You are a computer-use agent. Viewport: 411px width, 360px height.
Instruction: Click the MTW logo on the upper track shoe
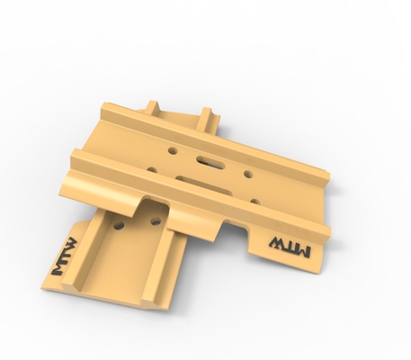[290, 247]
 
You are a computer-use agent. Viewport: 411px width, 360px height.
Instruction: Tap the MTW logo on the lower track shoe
[63, 256]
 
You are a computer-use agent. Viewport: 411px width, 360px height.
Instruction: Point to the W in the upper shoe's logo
[278, 243]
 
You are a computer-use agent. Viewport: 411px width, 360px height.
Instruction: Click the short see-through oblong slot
[210, 161]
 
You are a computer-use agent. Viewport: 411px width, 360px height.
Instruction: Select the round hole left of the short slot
[173, 150]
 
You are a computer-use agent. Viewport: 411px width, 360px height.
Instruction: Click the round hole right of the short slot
[248, 174]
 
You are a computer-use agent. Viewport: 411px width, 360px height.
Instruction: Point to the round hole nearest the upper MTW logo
[255, 201]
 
